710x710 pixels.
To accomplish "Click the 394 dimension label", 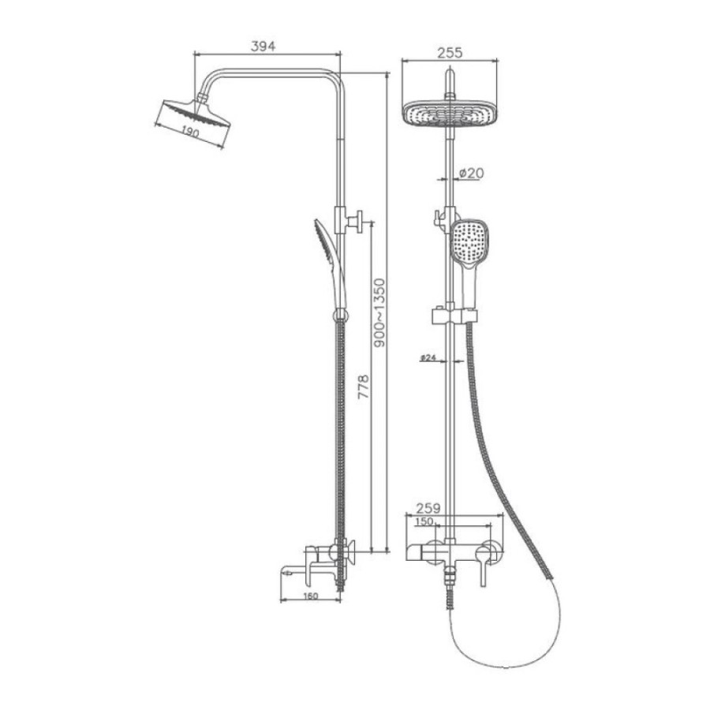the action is (263, 46).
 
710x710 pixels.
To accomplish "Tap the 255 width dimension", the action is (450, 53).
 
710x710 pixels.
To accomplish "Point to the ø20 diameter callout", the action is (471, 173).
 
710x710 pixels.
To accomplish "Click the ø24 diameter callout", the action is (428, 357).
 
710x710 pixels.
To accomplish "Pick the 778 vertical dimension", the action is (364, 387).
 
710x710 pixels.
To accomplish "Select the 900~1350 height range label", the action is (379, 313).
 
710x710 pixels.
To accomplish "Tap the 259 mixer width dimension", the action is (428, 508).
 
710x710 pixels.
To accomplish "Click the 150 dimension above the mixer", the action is (424, 521).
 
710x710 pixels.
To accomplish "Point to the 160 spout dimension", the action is (311, 596).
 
